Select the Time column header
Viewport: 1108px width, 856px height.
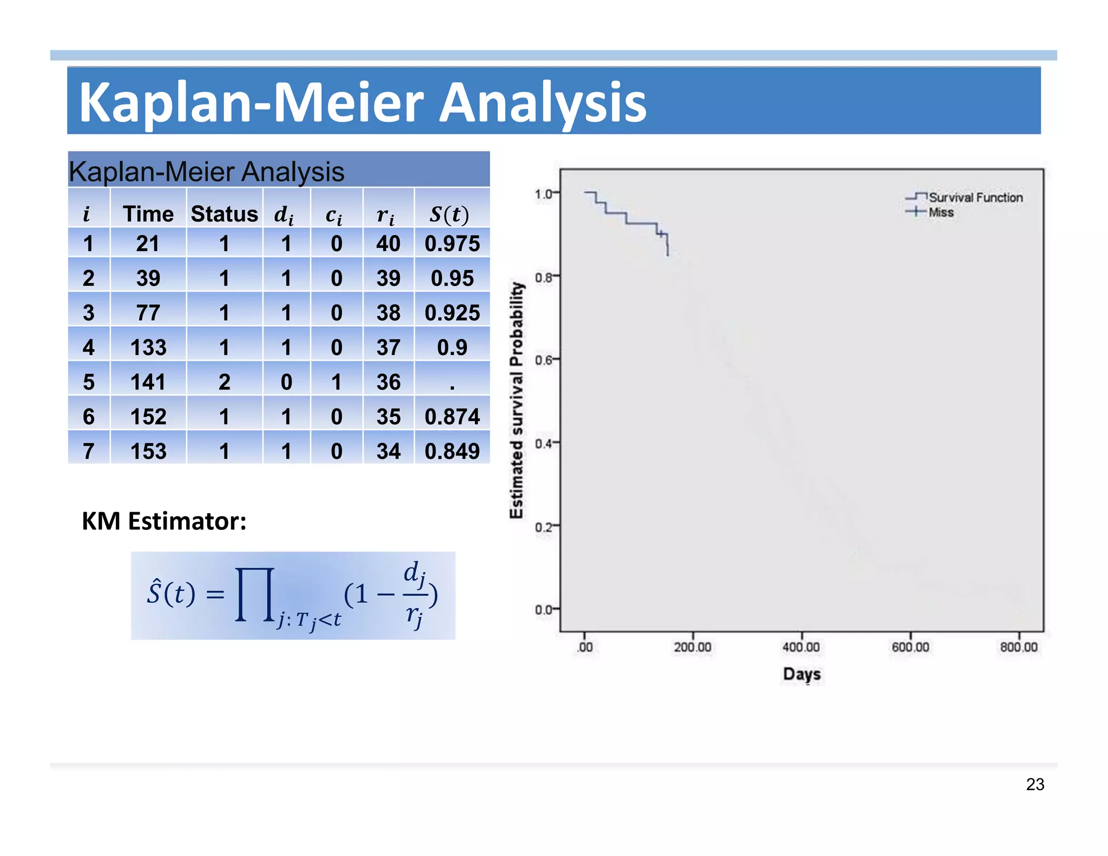tap(148, 214)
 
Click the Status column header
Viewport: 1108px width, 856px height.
tap(224, 214)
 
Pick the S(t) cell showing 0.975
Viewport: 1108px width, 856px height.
tap(452, 243)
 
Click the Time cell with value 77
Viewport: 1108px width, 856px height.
tap(148, 313)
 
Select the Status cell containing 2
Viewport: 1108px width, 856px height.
tap(224, 382)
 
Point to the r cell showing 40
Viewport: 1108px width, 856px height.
tap(388, 243)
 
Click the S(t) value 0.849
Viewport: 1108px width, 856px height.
tap(452, 451)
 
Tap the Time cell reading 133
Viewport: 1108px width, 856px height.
tap(148, 347)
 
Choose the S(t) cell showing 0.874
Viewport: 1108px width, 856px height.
tap(452, 417)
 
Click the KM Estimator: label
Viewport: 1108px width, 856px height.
tap(164, 521)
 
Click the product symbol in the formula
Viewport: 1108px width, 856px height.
tap(254, 594)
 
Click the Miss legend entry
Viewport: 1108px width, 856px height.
tap(941, 212)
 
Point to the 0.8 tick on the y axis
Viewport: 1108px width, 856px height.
tap(543, 278)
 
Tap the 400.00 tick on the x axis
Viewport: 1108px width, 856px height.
tap(801, 647)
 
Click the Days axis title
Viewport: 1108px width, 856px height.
tap(802, 674)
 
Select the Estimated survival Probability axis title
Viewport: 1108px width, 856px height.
tap(517, 400)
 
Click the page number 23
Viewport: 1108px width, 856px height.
tap(1034, 784)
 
